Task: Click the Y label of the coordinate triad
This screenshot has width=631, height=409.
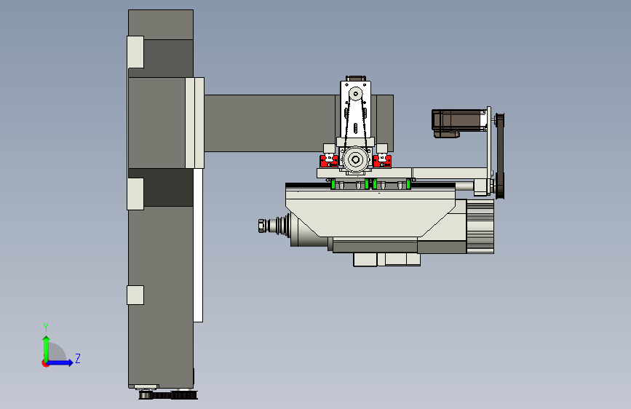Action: (46, 327)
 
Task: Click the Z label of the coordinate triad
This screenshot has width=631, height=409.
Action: (78, 358)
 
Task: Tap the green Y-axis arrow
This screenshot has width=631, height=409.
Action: (47, 349)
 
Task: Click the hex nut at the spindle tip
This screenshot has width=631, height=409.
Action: (261, 226)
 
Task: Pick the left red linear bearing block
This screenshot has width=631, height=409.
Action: (329, 161)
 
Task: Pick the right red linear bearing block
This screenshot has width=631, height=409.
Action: (382, 161)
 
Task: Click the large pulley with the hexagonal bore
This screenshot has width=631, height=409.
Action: (355, 160)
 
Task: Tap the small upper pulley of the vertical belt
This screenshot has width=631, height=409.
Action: (355, 94)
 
